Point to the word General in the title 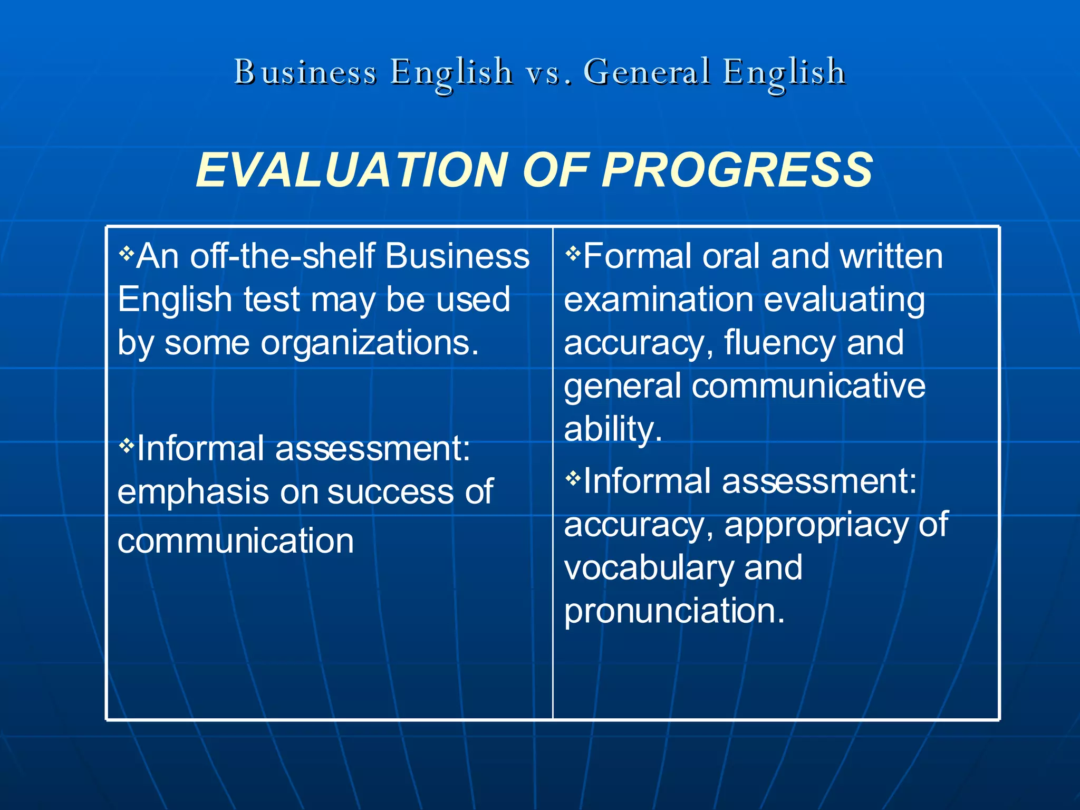(647, 72)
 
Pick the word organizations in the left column (369, 343)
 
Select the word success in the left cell (391, 493)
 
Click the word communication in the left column (236, 542)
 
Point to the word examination (659, 300)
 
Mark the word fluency (780, 343)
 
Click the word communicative (808, 386)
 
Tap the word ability (613, 429)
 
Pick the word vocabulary (649, 568)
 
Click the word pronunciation (674, 612)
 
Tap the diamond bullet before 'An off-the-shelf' (127, 254)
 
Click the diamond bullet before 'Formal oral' (573, 254)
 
